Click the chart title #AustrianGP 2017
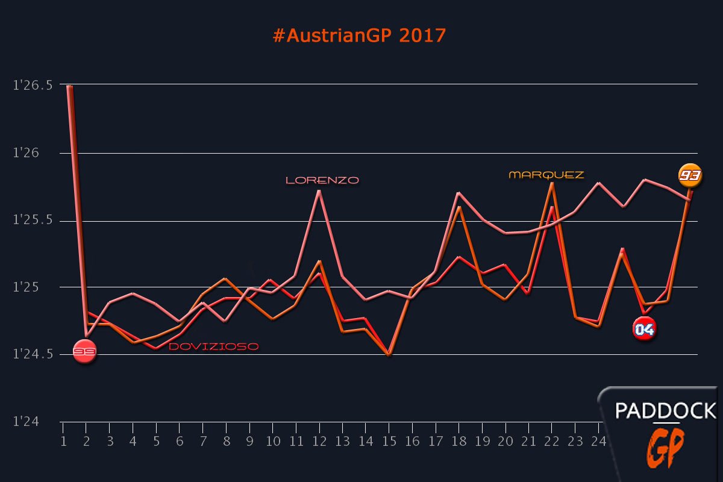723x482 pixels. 359,36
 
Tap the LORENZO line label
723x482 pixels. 322,180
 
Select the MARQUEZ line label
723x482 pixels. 546,175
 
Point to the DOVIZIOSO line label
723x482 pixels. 214,347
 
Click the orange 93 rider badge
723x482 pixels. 689,175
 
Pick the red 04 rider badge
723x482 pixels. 644,329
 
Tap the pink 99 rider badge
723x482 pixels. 84,351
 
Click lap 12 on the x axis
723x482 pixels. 319,442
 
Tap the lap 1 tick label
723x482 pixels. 63,442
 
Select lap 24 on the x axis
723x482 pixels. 599,442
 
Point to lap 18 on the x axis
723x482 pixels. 459,442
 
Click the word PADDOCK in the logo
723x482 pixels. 665,412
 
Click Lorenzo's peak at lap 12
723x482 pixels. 319,191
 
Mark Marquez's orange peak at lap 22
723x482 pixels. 552,183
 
